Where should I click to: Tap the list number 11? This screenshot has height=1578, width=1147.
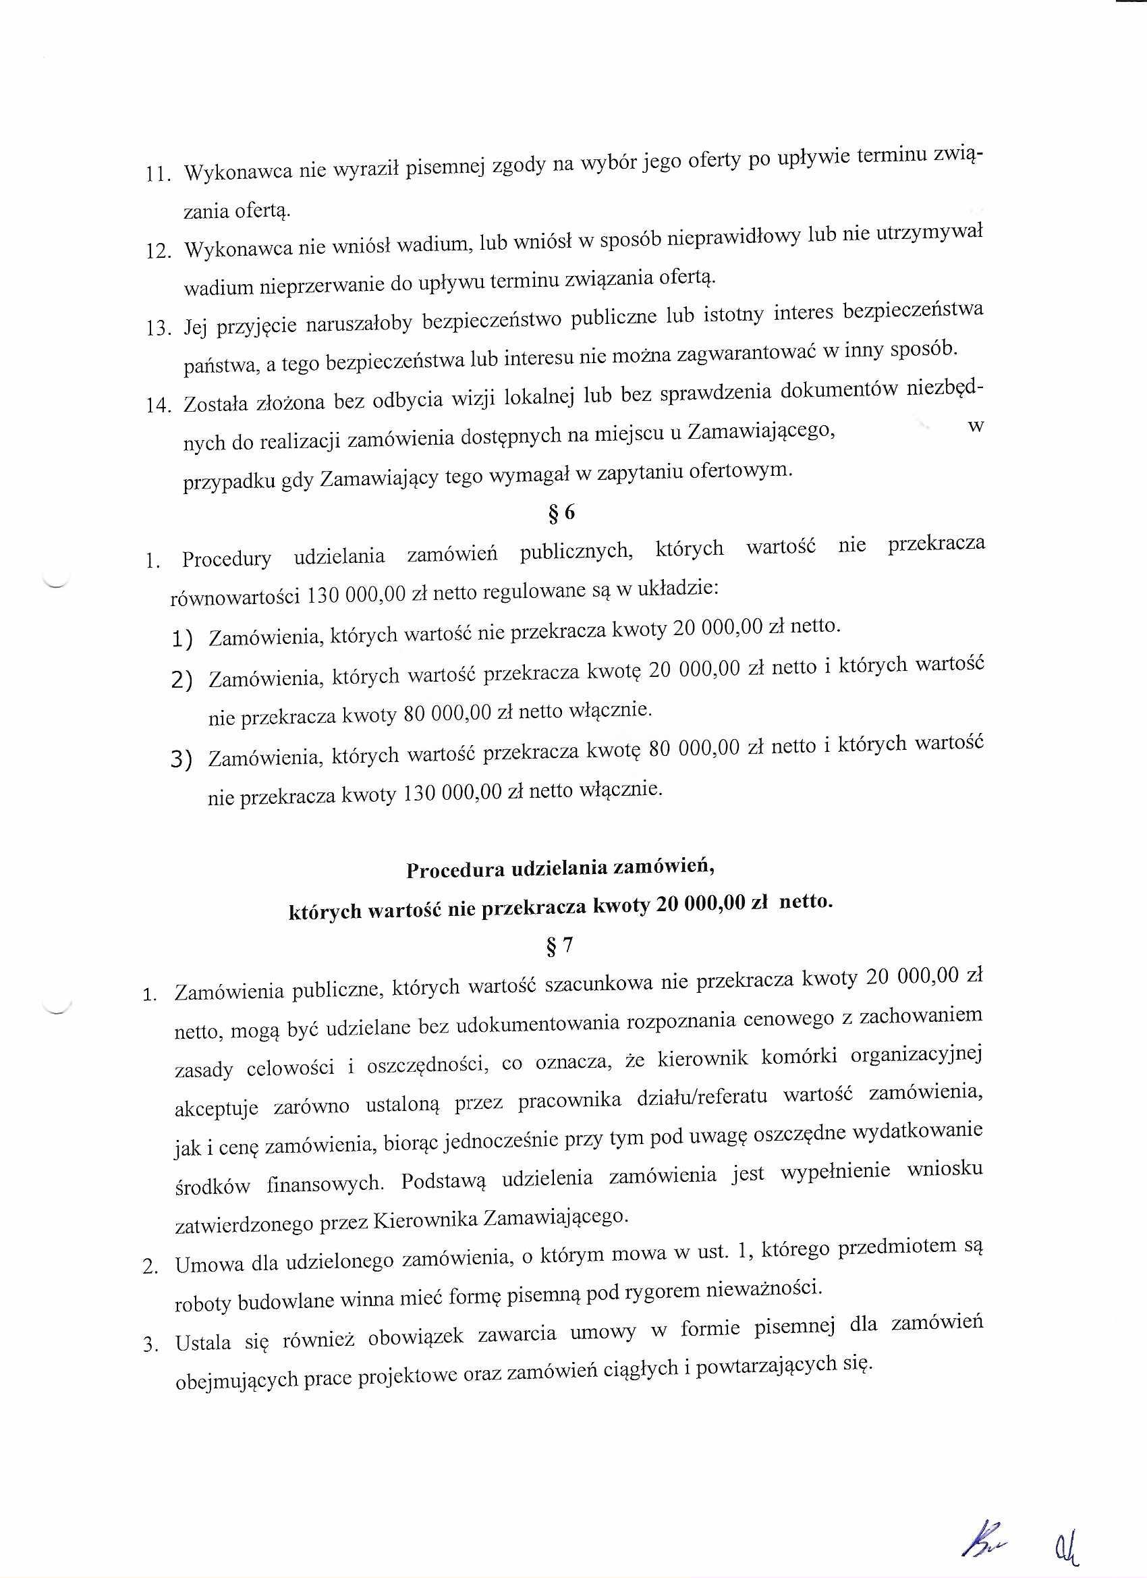click(159, 175)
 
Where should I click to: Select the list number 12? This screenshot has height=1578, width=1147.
click(159, 251)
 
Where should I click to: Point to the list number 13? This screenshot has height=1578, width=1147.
click(159, 328)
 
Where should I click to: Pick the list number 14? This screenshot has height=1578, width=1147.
click(159, 405)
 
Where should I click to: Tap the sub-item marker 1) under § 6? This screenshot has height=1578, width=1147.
click(182, 638)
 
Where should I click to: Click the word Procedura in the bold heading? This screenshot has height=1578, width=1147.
click(454, 871)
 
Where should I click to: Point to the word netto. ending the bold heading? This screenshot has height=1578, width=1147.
click(805, 903)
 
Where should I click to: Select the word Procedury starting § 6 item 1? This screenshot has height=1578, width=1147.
click(226, 559)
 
